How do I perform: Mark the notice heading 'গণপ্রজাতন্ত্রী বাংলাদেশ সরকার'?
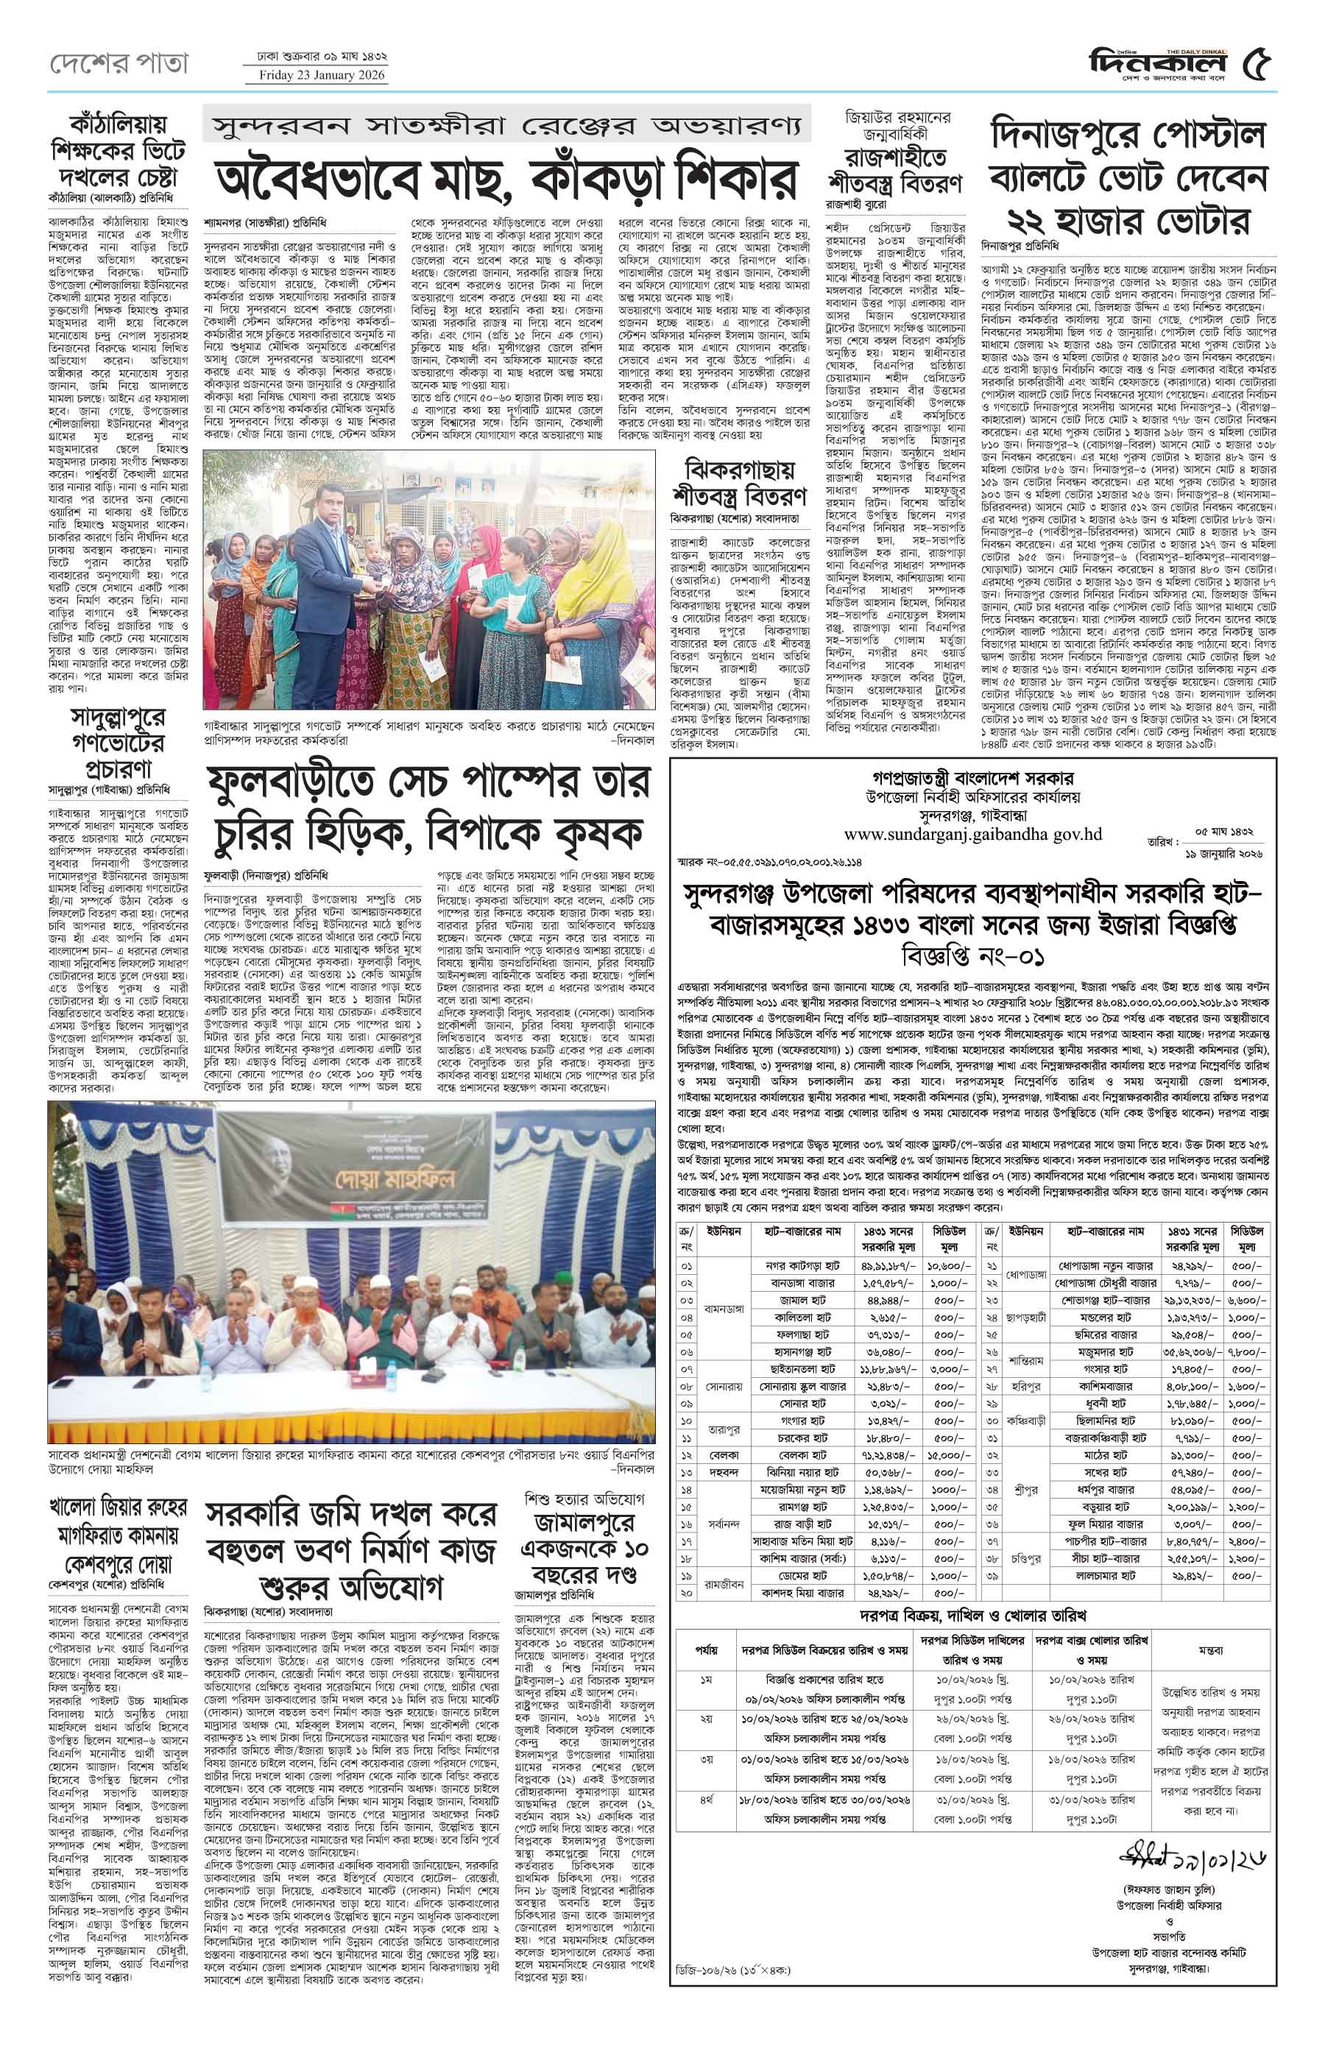coord(972,778)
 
